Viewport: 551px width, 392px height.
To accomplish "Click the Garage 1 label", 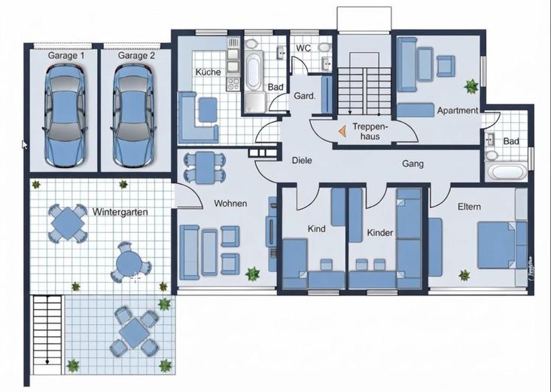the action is (x=66, y=56).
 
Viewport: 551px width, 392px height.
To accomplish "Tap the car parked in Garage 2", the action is (x=133, y=116).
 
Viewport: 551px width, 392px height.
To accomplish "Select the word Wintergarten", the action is (x=120, y=212).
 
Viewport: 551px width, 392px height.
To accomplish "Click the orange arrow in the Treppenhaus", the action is (x=342, y=132).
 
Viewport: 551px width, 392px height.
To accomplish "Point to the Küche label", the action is (x=208, y=72).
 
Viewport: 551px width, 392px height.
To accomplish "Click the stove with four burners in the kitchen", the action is (x=233, y=84).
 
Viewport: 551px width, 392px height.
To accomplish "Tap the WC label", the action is (x=303, y=48).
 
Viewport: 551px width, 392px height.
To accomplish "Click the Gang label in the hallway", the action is (x=412, y=164).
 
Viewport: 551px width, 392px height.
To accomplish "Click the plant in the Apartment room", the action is (x=471, y=86).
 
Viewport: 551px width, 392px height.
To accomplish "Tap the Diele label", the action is (x=302, y=161).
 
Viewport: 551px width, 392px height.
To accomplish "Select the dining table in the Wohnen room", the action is (x=205, y=167).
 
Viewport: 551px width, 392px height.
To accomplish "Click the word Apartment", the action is (x=458, y=111).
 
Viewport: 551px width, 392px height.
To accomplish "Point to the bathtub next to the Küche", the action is (x=253, y=71).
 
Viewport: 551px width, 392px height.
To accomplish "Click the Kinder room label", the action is (x=379, y=233).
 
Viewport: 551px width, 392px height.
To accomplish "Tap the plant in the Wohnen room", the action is (x=252, y=274).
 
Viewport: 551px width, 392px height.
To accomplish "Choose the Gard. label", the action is (x=304, y=96).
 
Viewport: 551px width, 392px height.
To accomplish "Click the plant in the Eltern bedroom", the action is (x=464, y=275).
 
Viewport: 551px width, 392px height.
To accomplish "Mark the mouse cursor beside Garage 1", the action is (x=24, y=144).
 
